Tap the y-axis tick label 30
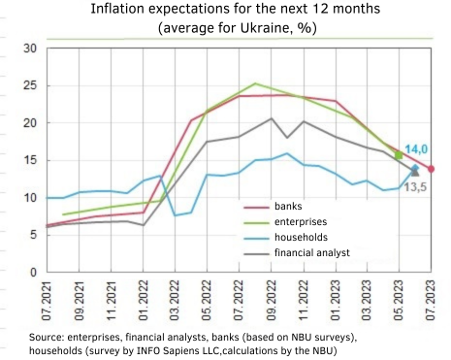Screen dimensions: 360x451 [29, 49]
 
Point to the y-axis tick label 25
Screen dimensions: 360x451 [29, 85]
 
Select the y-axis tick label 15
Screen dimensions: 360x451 [29, 160]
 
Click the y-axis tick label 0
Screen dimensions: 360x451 [32, 273]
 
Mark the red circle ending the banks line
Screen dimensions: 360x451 [431, 169]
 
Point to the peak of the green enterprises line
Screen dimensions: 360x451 [255, 83]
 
